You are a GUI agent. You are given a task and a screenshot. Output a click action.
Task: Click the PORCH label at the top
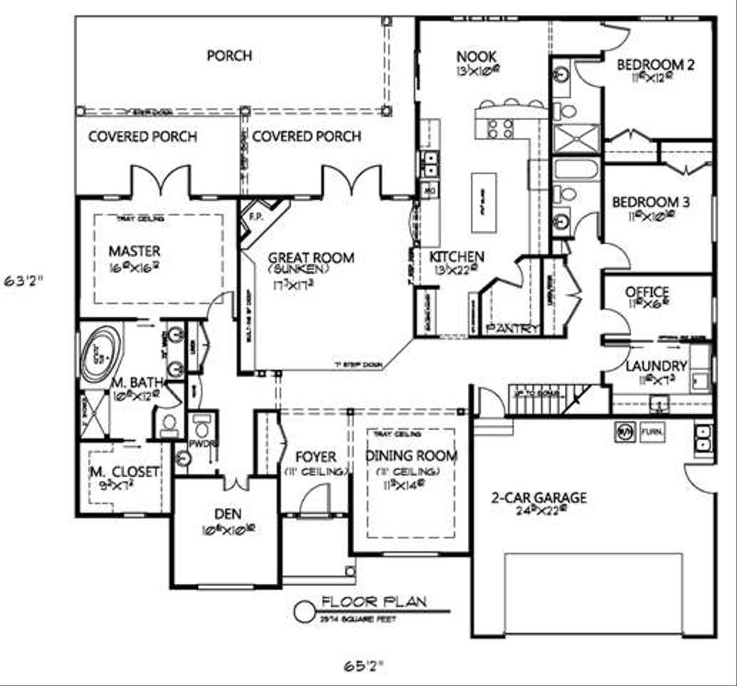pos(230,55)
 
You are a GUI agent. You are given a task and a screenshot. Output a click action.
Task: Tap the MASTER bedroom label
pos(135,251)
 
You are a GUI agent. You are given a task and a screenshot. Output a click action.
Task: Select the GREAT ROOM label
pos(311,258)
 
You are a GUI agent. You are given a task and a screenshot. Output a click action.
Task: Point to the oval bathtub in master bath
pos(99,353)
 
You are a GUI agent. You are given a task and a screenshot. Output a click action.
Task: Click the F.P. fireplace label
pos(254,215)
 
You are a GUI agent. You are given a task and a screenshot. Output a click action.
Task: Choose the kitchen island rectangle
pos(484,202)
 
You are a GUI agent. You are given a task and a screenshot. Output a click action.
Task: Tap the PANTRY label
pos(512,328)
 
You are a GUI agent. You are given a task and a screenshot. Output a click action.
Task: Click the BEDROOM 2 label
pos(655,65)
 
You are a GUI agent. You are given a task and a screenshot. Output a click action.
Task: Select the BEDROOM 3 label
pos(651,202)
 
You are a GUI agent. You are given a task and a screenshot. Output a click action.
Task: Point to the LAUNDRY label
pos(656,366)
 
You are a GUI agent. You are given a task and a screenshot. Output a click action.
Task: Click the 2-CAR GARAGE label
pos(539,497)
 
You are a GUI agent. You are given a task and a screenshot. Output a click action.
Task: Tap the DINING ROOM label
pos(411,456)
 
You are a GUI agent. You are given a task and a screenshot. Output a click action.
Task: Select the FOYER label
pos(315,456)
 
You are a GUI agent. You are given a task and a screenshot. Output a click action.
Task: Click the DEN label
pos(227,514)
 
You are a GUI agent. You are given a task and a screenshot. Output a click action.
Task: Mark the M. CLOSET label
pos(124,472)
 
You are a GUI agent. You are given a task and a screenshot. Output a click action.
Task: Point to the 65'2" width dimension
pos(361,665)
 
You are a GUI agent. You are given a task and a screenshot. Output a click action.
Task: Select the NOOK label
pos(476,56)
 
